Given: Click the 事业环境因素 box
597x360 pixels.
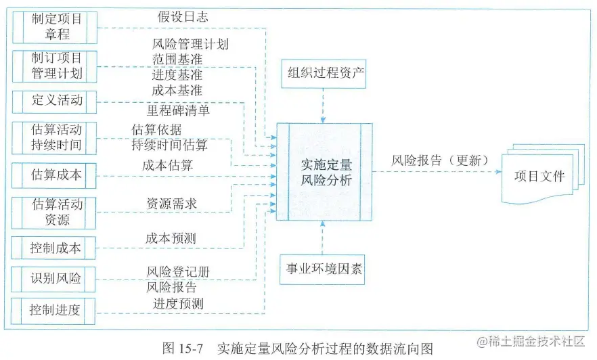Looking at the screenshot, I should point(324,270).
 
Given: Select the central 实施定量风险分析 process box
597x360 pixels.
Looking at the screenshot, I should point(324,172).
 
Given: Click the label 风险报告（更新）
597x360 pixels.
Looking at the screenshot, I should point(439,161).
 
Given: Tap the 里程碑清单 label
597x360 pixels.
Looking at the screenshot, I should point(178,109).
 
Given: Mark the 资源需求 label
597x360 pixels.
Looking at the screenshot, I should point(173,203).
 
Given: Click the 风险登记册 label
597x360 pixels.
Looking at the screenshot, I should point(178,272).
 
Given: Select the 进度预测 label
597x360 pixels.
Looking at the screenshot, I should point(178,304).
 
